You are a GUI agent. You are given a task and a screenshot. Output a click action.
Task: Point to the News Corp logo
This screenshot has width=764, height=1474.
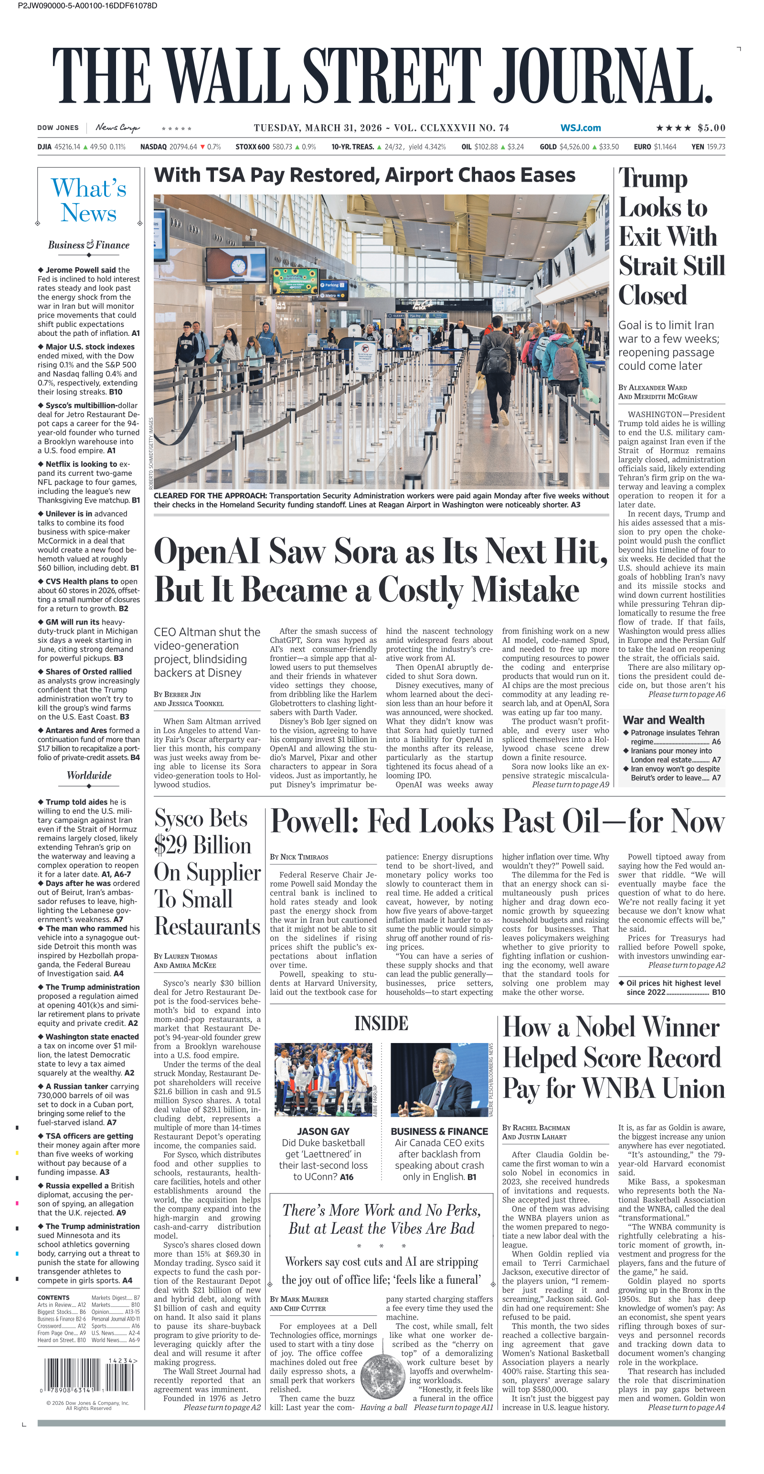tap(117, 128)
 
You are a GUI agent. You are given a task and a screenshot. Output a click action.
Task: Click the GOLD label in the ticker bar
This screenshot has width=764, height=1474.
tap(548, 147)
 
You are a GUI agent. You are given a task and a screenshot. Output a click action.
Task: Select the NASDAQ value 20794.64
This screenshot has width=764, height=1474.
tap(183, 147)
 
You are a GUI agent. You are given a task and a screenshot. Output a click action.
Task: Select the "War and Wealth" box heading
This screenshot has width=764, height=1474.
tap(663, 720)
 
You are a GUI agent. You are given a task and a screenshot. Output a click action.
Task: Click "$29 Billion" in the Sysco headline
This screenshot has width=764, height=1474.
tap(202, 845)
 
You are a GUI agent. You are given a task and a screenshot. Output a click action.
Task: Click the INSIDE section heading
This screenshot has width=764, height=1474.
tap(381, 1023)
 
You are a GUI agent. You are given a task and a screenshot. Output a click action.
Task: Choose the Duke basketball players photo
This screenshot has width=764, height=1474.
tap(323, 1080)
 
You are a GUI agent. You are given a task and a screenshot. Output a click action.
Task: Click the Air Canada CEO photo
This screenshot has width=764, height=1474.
tap(439, 1080)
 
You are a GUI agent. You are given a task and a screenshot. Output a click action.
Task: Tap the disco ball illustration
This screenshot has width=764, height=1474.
tap(382, 1373)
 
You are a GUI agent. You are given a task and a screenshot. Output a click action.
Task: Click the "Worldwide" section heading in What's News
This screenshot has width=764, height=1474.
tap(89, 775)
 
